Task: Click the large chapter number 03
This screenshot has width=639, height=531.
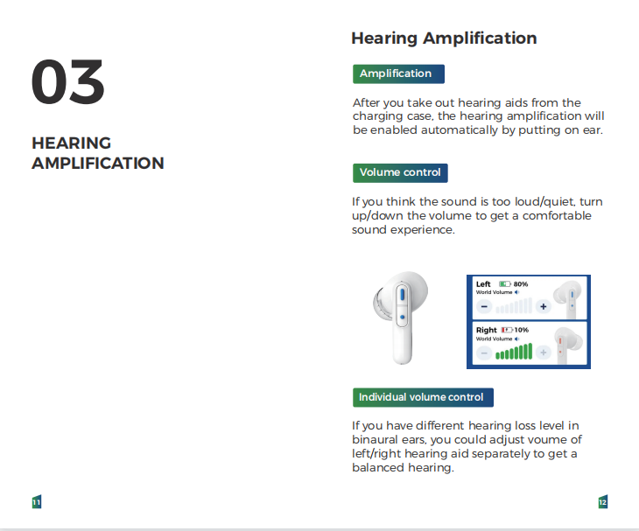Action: [x=67, y=81]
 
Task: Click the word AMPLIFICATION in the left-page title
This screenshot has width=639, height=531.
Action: [x=98, y=164]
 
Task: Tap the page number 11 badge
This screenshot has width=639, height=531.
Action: [x=37, y=501]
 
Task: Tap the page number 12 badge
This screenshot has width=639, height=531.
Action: [x=603, y=501]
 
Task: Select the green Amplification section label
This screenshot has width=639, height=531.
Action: [x=398, y=73]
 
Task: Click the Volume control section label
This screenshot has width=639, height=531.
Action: [x=400, y=172]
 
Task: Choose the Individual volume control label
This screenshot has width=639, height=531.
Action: [x=423, y=397]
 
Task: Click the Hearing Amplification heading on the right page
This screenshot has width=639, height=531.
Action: [x=444, y=38]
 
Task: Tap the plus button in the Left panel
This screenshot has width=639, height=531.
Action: [x=544, y=306]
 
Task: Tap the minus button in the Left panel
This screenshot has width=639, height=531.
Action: [x=484, y=306]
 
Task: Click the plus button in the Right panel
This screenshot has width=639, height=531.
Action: [x=544, y=353]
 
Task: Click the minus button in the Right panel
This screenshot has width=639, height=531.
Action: [x=484, y=353]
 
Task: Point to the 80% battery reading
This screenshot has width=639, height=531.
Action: [x=521, y=284]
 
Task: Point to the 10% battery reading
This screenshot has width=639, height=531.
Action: [x=521, y=330]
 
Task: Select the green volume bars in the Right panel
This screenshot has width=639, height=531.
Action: [x=514, y=352]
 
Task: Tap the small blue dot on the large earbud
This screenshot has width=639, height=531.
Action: [x=403, y=317]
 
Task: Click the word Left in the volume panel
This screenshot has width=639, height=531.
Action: [x=483, y=284]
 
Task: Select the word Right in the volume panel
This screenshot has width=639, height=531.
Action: [x=486, y=330]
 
